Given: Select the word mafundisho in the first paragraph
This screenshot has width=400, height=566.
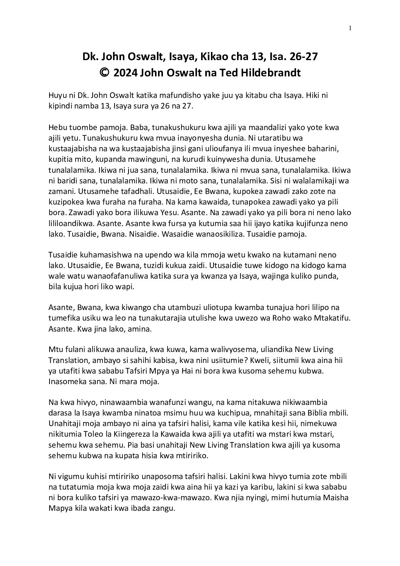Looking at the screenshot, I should click(163, 96).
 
